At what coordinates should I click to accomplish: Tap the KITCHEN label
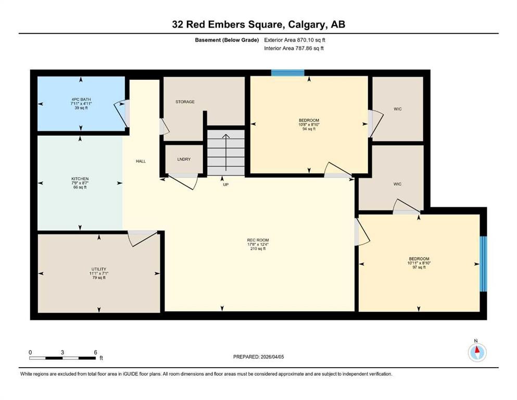tap(80, 179)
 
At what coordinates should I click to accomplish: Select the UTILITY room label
tap(98, 269)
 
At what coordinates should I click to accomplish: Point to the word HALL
tap(141, 161)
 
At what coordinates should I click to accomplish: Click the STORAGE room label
tap(185, 102)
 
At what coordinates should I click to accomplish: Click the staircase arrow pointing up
tap(225, 149)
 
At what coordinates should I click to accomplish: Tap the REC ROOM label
tap(257, 240)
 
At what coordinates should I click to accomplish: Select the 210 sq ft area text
tap(257, 249)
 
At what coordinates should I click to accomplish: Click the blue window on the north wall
tap(287, 73)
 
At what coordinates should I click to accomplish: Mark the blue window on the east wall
tap(483, 264)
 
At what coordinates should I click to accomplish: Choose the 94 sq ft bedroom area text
tap(309, 129)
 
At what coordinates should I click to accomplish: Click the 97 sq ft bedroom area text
tap(419, 268)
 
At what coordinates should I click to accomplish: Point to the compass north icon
tap(476, 352)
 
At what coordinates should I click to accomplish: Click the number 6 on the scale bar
tap(95, 352)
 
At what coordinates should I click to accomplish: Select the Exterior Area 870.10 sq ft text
tap(297, 40)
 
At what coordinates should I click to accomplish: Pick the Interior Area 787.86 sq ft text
tap(295, 48)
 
